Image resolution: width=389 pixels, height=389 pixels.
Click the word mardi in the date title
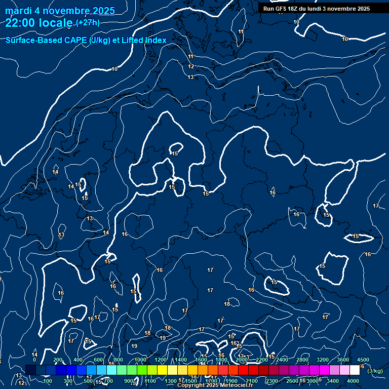point(18,11)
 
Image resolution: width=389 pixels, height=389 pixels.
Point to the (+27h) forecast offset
point(88,23)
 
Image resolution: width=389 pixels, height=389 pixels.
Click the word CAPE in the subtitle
point(73,40)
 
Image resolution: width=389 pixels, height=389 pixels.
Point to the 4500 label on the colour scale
point(363,360)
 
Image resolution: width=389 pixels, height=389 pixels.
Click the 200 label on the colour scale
point(58,360)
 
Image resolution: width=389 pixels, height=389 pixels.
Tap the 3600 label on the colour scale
point(343,360)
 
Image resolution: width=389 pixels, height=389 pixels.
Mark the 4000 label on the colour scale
point(353,381)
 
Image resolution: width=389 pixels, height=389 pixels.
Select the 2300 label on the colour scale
point(272,381)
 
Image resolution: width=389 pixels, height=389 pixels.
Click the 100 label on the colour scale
point(48,381)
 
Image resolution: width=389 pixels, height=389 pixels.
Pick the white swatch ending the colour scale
point(355,370)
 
